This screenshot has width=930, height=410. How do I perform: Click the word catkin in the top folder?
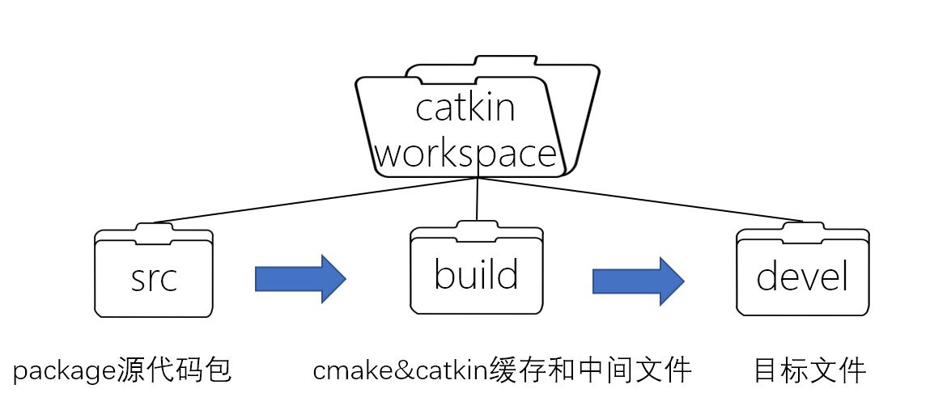(x=465, y=107)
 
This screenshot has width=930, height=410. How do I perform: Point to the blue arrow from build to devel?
(x=638, y=281)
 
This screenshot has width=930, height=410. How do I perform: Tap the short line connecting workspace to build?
(x=478, y=198)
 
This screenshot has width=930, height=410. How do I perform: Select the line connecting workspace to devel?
(x=648, y=199)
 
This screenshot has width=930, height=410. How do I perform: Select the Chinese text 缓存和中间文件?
(x=591, y=370)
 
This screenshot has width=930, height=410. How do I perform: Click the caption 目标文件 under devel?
(x=809, y=371)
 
